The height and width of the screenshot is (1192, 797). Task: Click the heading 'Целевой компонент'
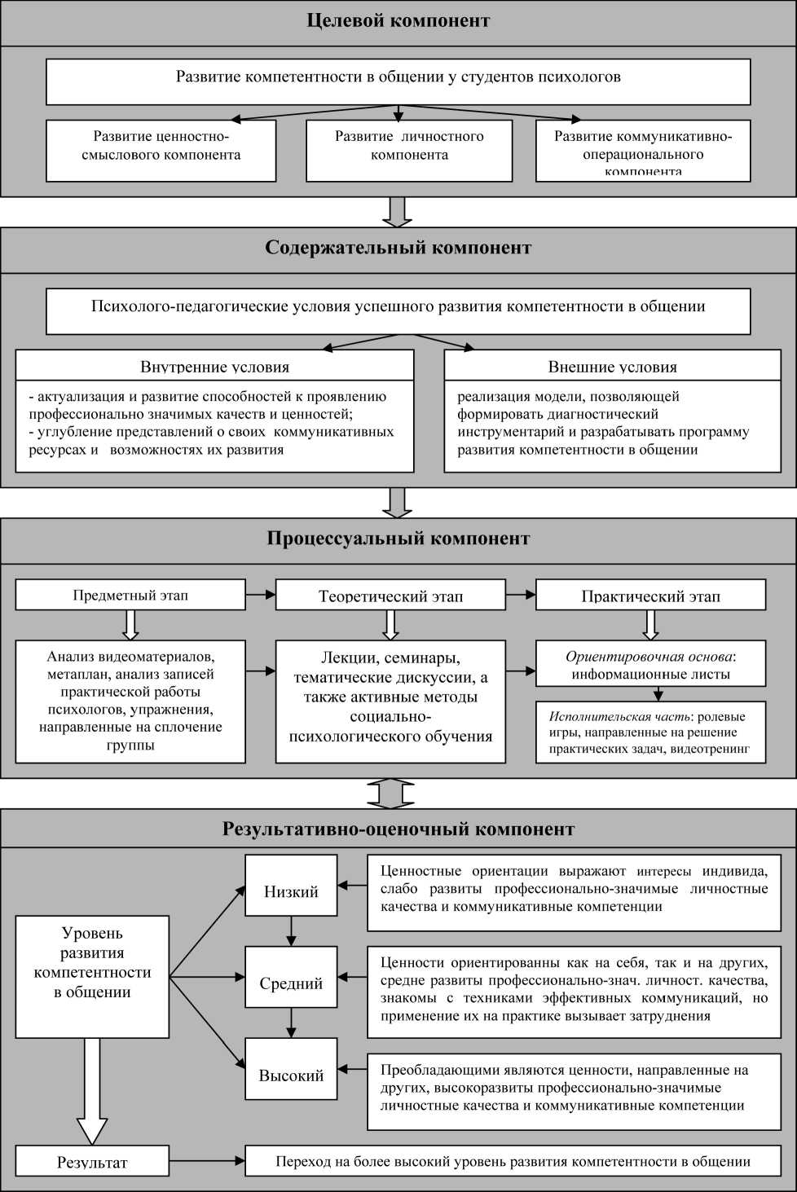pyautogui.click(x=398, y=21)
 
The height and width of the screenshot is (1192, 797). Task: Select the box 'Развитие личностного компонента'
pyautogui.click(x=409, y=150)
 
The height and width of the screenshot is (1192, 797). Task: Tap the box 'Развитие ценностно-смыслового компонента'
pyautogui.click(x=161, y=150)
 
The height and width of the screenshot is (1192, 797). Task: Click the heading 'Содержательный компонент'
pyautogui.click(x=398, y=249)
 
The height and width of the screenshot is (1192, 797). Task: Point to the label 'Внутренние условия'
pyautogui.click(x=214, y=367)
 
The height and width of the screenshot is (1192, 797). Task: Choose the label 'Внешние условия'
pyautogui.click(x=612, y=367)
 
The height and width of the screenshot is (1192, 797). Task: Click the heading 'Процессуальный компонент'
pyautogui.click(x=398, y=539)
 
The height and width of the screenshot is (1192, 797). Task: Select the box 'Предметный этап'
pyautogui.click(x=130, y=595)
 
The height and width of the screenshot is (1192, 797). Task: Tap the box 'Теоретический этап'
pyautogui.click(x=390, y=596)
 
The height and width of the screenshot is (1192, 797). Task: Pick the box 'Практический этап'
pyautogui.click(x=650, y=596)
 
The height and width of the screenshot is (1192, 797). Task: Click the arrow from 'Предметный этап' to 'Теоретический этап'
pyautogui.click(x=261, y=595)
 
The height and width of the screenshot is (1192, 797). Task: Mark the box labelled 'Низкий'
pyautogui.click(x=291, y=891)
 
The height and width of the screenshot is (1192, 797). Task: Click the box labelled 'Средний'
pyautogui.click(x=291, y=983)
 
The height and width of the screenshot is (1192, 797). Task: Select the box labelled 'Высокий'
pyautogui.click(x=291, y=1075)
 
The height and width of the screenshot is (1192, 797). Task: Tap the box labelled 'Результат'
pyautogui.click(x=92, y=1162)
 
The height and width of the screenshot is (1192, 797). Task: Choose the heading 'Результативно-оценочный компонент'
pyautogui.click(x=398, y=829)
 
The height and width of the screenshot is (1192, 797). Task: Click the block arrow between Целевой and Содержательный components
pyautogui.click(x=398, y=212)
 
